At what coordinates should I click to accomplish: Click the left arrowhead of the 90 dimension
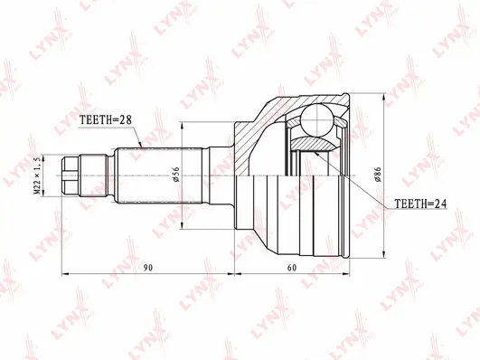[x=64, y=271]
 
